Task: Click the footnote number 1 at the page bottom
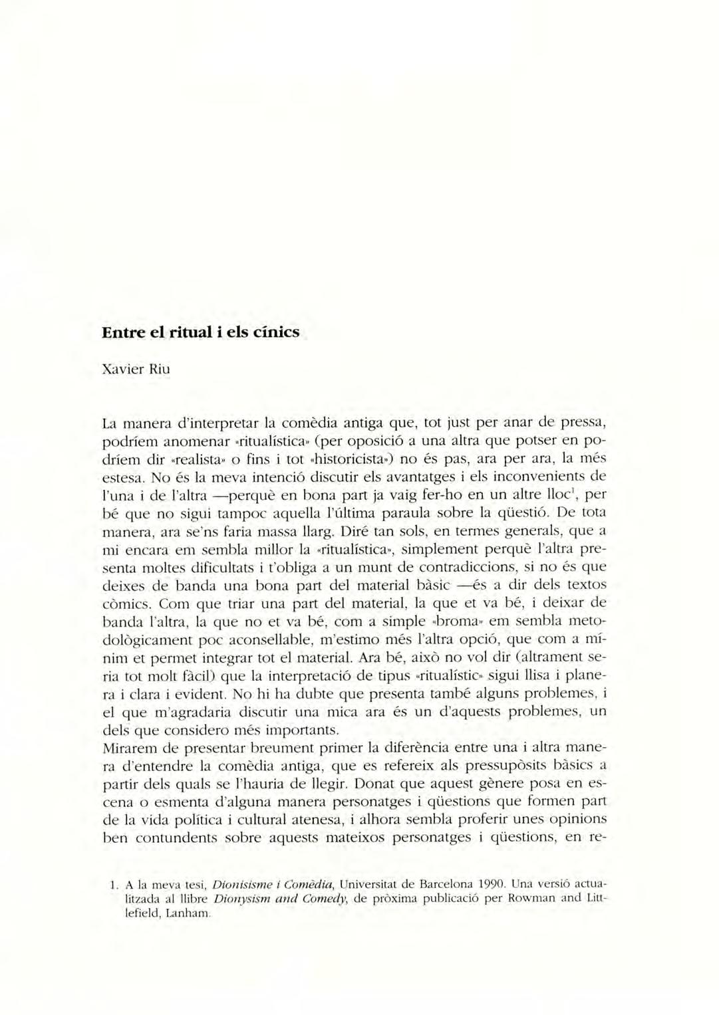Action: [x=113, y=885]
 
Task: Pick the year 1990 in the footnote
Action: [x=492, y=885]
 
